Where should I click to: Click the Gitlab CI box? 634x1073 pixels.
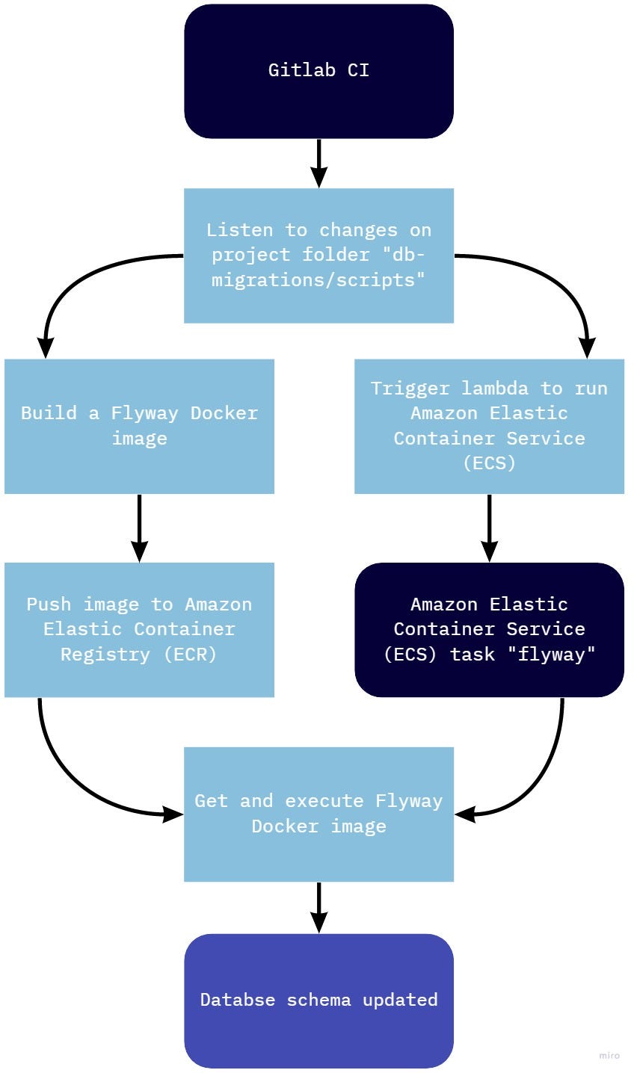point(318,71)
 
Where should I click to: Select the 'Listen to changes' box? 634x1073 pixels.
point(318,255)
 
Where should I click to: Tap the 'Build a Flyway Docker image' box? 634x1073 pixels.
point(139,426)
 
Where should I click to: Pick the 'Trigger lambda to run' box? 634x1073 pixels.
point(489,426)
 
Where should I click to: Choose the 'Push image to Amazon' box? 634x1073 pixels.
point(139,629)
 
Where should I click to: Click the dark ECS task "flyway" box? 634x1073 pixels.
point(489,629)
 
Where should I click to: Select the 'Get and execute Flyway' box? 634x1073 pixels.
point(318,814)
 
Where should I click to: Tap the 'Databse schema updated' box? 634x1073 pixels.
point(318,1000)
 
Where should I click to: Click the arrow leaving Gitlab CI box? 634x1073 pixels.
point(318,163)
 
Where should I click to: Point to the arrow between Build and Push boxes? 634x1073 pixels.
point(139,528)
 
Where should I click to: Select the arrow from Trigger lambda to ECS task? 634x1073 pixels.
point(489,528)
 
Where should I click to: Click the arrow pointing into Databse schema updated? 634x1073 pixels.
point(318,907)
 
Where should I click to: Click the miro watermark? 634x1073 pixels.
point(609,1056)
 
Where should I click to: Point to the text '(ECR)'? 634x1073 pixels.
point(190,655)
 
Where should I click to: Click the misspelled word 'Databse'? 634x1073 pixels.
point(237,1000)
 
